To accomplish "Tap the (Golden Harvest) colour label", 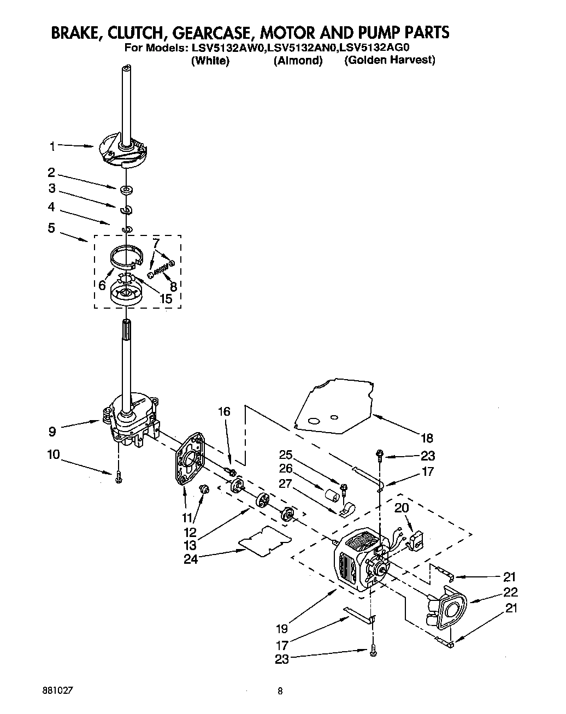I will pos(389,60).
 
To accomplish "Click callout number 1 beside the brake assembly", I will pos(52,146).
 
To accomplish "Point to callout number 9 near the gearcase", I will pos(52,432).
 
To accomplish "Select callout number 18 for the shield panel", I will pos(426,437).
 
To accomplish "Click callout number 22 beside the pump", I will pos(511,592).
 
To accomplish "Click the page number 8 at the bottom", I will pos(280,691).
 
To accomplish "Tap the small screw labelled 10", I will pos(119,479).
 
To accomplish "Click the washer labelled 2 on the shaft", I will pos(126,190).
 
